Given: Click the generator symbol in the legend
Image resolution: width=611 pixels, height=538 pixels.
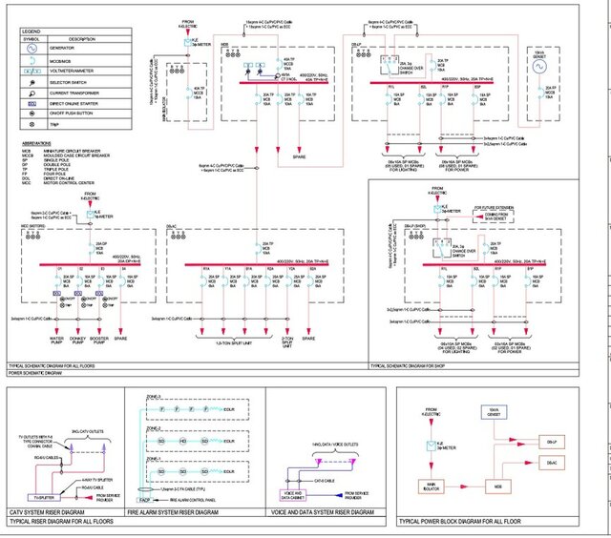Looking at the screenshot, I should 31,46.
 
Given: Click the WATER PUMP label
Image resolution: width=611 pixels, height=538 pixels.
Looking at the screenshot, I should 56,339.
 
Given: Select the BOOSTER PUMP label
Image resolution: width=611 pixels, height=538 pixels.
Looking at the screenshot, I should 100,339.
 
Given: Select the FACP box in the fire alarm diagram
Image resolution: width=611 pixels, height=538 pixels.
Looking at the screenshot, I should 143,500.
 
